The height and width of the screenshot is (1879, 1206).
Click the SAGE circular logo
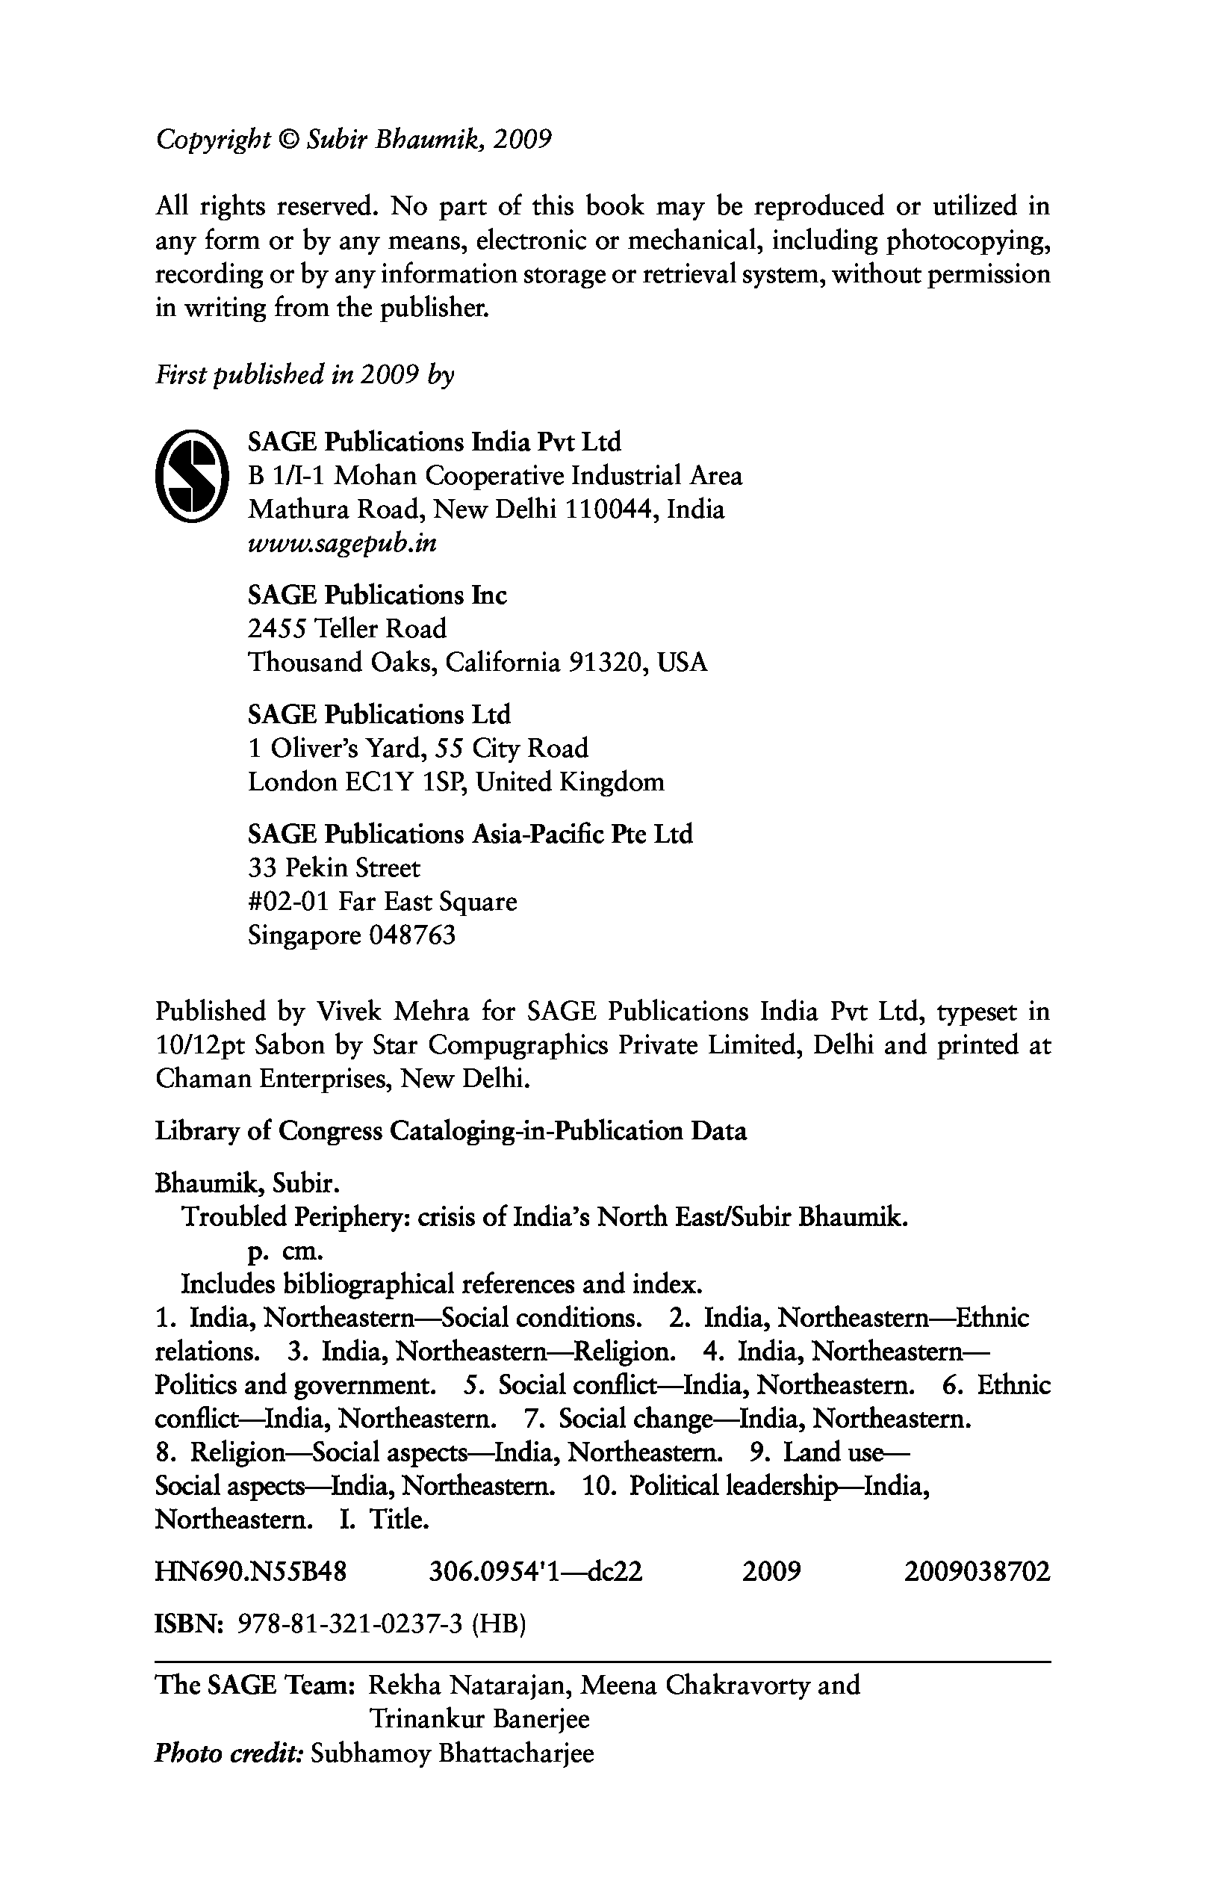(x=193, y=476)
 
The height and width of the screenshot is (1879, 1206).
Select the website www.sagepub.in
(x=341, y=543)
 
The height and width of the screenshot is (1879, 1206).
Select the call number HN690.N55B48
(x=251, y=1572)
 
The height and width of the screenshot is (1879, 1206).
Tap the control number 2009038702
(x=977, y=1572)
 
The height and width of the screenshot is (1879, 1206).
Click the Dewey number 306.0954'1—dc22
(x=535, y=1572)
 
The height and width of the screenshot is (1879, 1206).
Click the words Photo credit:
(x=229, y=1753)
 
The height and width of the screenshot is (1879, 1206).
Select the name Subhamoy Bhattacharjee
(x=452, y=1753)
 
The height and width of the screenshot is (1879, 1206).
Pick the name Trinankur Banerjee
(x=479, y=1719)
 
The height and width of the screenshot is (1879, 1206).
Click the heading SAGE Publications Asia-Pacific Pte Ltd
(x=470, y=834)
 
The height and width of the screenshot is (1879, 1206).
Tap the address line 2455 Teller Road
(x=347, y=628)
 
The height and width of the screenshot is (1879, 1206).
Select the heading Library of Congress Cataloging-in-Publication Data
(x=450, y=1130)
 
